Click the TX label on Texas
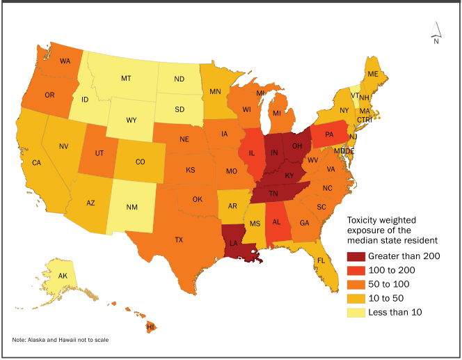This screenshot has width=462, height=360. click(x=179, y=240)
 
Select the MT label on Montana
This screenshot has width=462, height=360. click(x=126, y=79)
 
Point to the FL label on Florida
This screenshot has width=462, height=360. click(x=321, y=260)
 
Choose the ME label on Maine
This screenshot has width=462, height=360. click(x=373, y=74)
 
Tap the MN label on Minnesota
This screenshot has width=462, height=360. click(x=216, y=91)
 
